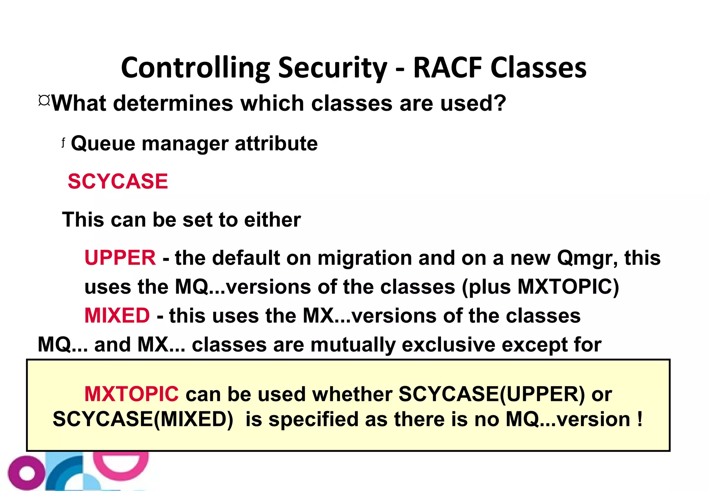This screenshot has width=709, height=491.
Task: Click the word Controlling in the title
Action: tap(195, 68)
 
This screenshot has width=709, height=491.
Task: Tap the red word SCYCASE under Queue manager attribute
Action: tap(118, 181)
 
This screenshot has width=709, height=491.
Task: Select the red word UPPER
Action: tap(120, 258)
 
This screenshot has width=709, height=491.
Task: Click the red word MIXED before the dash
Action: tap(117, 316)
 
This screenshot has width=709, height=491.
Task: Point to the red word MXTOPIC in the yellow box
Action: tap(132, 394)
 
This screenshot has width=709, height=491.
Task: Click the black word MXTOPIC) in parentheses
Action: tap(568, 287)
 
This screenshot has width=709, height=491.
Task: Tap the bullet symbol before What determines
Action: tap(44, 101)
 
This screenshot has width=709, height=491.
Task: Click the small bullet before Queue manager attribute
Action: tap(63, 142)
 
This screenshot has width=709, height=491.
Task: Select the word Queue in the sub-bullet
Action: tap(103, 144)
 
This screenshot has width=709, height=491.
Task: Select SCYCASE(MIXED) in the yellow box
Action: tap(143, 420)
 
